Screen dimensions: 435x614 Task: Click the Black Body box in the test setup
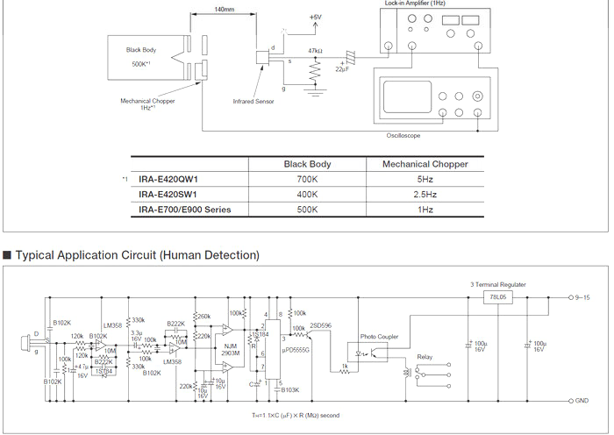tap(144, 58)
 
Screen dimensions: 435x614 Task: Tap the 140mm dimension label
tap(223, 9)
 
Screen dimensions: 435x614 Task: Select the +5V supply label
tap(316, 18)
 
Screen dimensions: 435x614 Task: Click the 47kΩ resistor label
tap(317, 51)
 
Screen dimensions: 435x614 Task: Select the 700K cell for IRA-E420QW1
tap(306, 179)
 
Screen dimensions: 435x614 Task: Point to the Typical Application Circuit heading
tap(137, 254)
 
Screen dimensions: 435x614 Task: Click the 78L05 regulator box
tap(499, 298)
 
